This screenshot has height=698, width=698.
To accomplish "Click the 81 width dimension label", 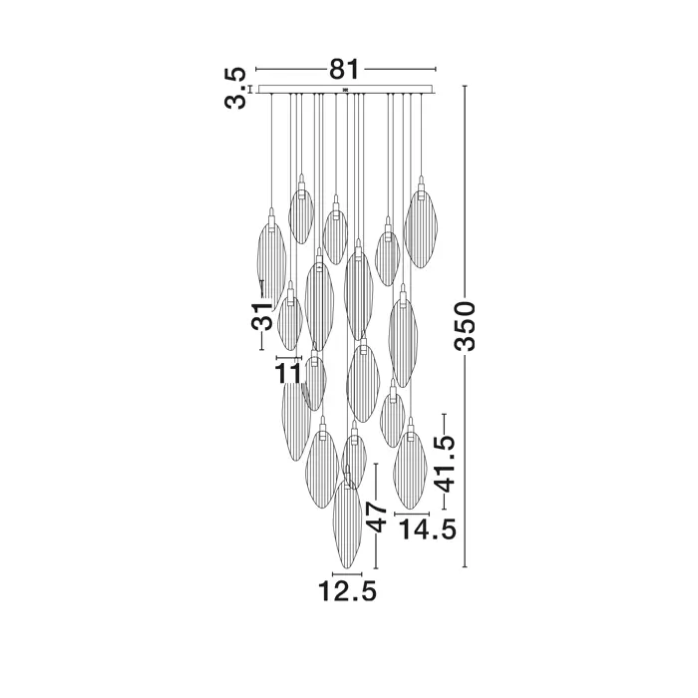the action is (x=344, y=69).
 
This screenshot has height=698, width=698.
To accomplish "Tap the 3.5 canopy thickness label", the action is (x=235, y=88).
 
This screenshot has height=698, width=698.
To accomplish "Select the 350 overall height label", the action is (x=465, y=326).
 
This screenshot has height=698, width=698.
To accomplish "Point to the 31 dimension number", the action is (x=261, y=316).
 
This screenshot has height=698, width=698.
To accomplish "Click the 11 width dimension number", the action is (x=288, y=373).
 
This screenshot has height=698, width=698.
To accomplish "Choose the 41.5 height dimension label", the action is (x=445, y=464).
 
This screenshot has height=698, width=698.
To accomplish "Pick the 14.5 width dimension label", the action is (x=427, y=529).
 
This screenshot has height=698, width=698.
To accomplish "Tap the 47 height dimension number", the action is (x=376, y=517).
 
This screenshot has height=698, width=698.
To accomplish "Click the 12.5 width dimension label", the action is (x=347, y=591).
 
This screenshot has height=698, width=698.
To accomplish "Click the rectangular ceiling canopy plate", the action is (x=346, y=89).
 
